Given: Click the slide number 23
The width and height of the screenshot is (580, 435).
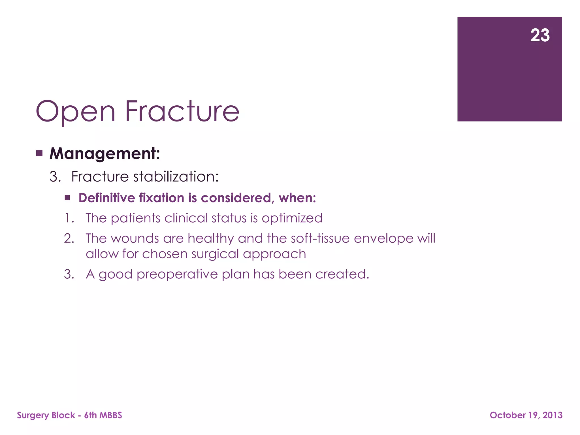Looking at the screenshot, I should pos(540,35).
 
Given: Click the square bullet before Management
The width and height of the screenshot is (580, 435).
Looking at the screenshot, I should pos(39,153).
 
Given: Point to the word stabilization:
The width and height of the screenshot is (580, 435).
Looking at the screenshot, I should pos(176,177).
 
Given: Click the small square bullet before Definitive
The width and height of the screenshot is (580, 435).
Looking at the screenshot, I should pos(67,198).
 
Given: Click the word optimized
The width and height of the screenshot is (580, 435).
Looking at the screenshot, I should pos(292,218).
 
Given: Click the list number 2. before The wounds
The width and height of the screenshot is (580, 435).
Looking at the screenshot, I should pos(69,238).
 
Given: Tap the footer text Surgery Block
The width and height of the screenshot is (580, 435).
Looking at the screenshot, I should pos(46,415).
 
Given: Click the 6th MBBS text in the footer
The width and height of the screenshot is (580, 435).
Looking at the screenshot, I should pos(103,415).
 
